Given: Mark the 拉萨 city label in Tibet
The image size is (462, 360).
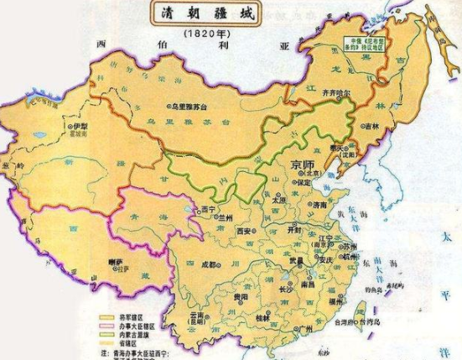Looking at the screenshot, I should click(117, 262).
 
